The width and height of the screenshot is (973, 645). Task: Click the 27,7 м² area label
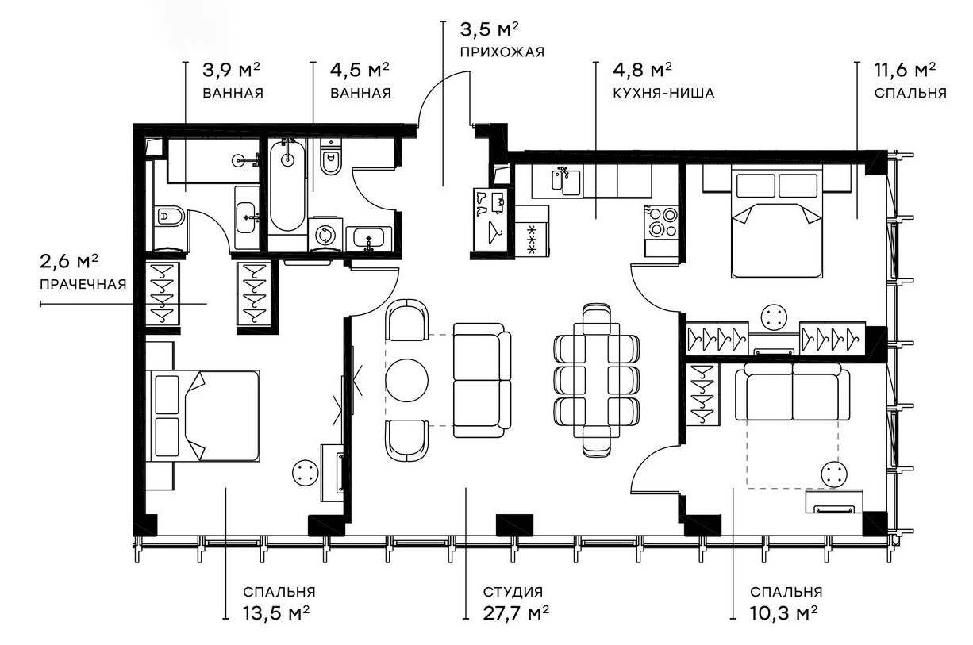pyautogui.click(x=516, y=612)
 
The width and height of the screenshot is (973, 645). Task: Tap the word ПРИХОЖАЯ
pyautogui.click(x=502, y=52)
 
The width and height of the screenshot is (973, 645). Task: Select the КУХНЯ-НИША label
pyautogui.click(x=663, y=93)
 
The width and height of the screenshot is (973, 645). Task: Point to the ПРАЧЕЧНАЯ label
pyautogui.click(x=83, y=285)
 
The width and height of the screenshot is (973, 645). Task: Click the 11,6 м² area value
pyautogui.click(x=905, y=70)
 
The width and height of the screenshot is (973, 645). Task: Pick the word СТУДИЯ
pyautogui.click(x=513, y=592)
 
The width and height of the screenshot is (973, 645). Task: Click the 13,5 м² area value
pyautogui.click(x=276, y=612)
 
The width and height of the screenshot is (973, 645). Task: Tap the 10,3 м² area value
pyautogui.click(x=783, y=612)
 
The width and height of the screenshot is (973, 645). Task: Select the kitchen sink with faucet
pyautogui.click(x=567, y=182)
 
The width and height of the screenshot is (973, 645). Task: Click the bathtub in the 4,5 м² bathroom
pyautogui.click(x=287, y=186)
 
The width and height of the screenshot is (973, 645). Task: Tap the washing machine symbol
pyautogui.click(x=325, y=235)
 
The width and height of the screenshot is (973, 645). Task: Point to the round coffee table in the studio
pyautogui.click(x=406, y=380)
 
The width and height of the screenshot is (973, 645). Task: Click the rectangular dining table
pyautogui.click(x=596, y=381)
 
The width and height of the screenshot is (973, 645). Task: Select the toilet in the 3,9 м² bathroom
pyautogui.click(x=168, y=216)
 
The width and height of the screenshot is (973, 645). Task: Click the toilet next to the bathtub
pyautogui.click(x=331, y=159)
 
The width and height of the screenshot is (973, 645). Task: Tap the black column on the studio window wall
pyautogui.click(x=514, y=524)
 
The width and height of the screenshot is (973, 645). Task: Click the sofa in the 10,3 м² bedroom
pyautogui.click(x=792, y=392)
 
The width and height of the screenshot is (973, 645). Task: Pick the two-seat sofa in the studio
pyautogui.click(x=483, y=381)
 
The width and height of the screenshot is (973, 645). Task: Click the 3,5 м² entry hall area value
pyautogui.click(x=489, y=29)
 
